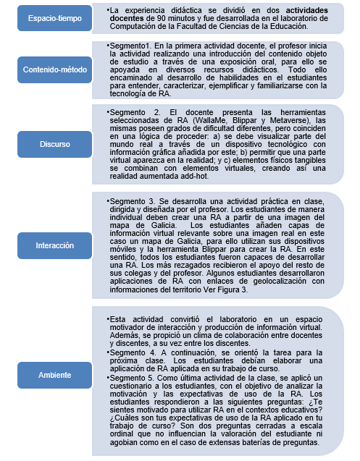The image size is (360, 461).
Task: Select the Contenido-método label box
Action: coord(55,70)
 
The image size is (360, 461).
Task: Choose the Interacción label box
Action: coord(55,245)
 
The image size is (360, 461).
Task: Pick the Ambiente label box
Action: coord(55,374)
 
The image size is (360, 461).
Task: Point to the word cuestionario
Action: coord(132,386)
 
